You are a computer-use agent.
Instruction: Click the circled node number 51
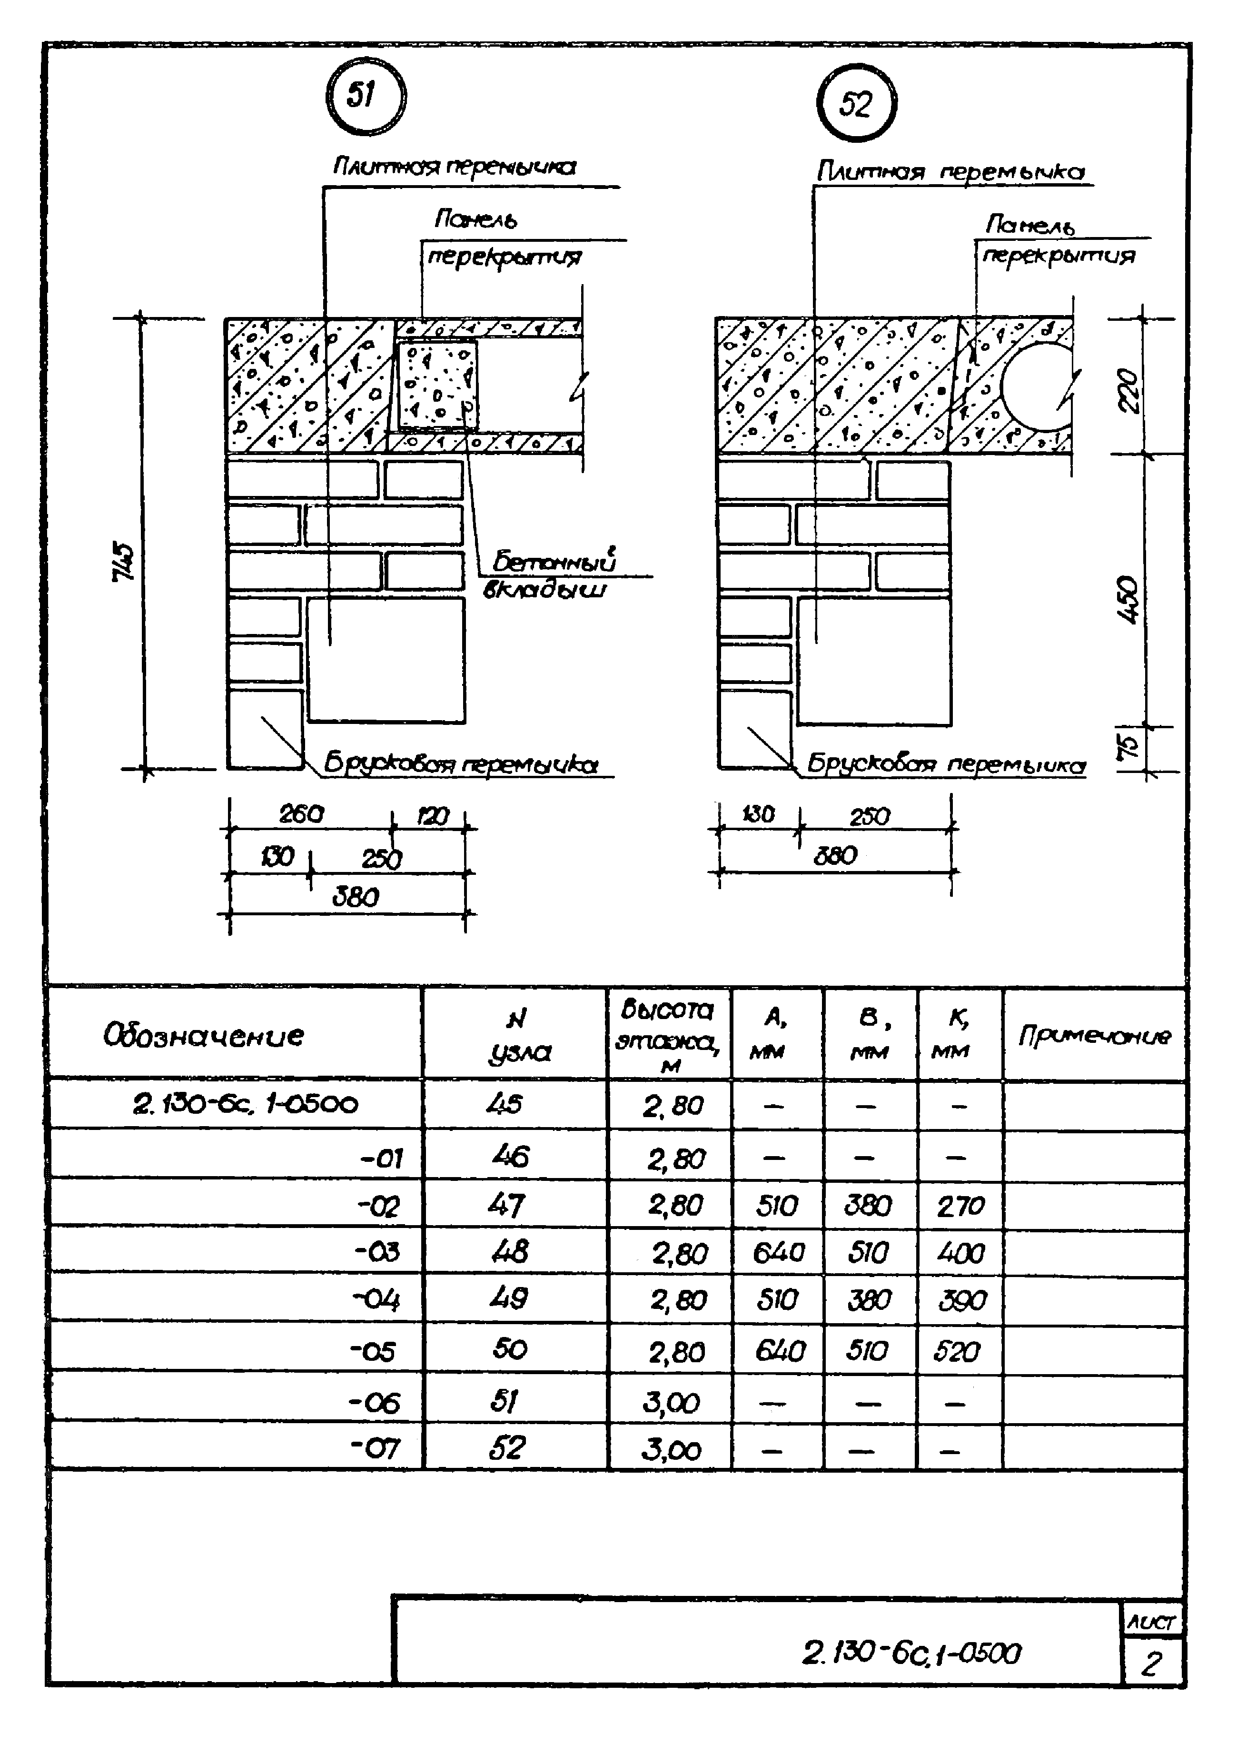pos(365,97)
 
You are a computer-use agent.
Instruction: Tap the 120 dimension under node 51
pos(433,817)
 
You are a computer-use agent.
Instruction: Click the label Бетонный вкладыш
pos(552,575)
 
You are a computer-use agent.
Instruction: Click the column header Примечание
pos(1094,1035)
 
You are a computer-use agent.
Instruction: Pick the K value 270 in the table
pos(960,1206)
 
